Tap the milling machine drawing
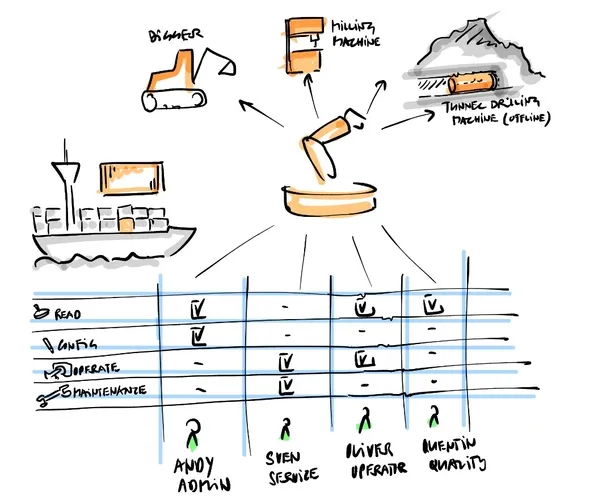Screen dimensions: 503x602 coord(300,44)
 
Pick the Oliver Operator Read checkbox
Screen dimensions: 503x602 coord(365,305)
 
